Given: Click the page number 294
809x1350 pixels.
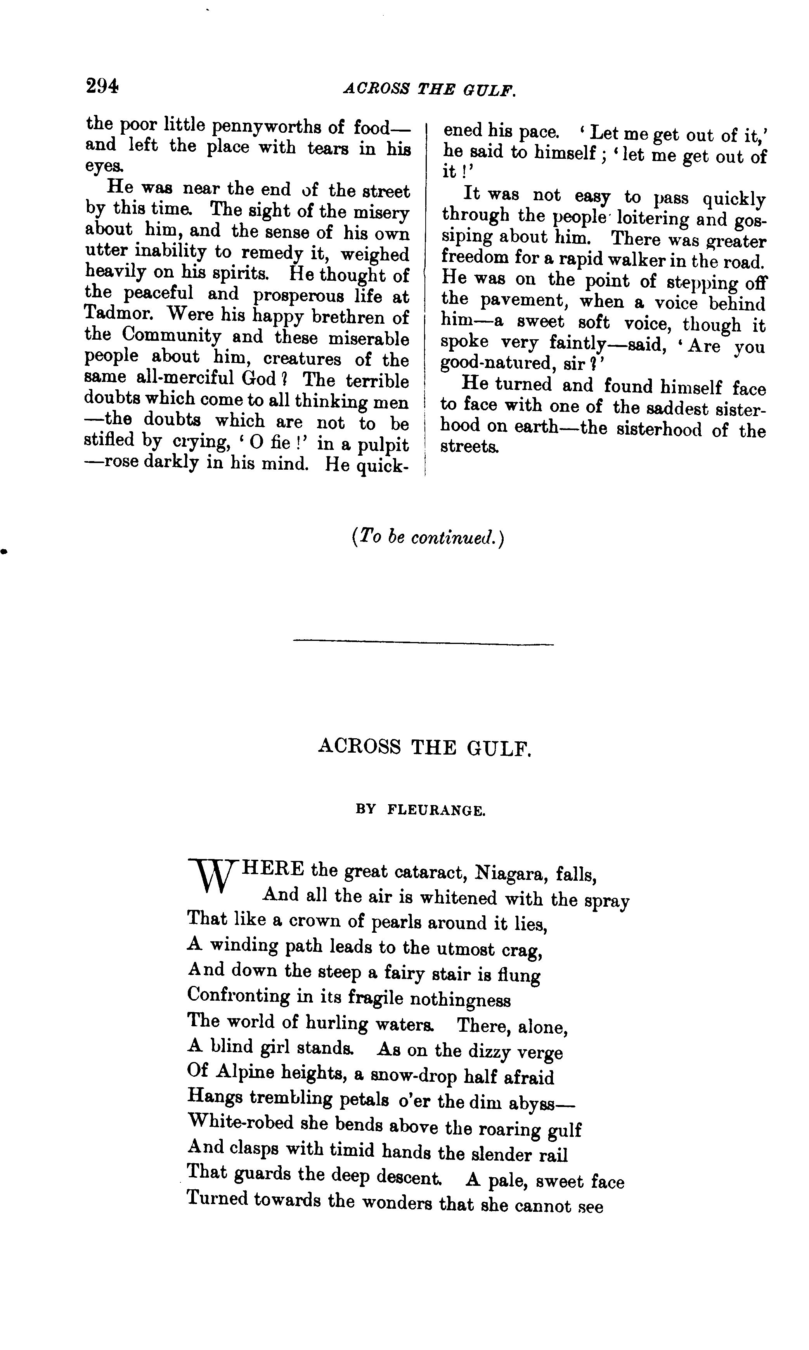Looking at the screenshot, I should click(102, 86).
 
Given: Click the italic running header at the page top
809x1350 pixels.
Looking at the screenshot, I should click(429, 89).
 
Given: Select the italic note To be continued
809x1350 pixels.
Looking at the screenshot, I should click(428, 538).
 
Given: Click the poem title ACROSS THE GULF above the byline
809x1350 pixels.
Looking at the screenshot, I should click(424, 747).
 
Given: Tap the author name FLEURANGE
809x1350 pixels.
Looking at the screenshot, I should click(436, 811).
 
